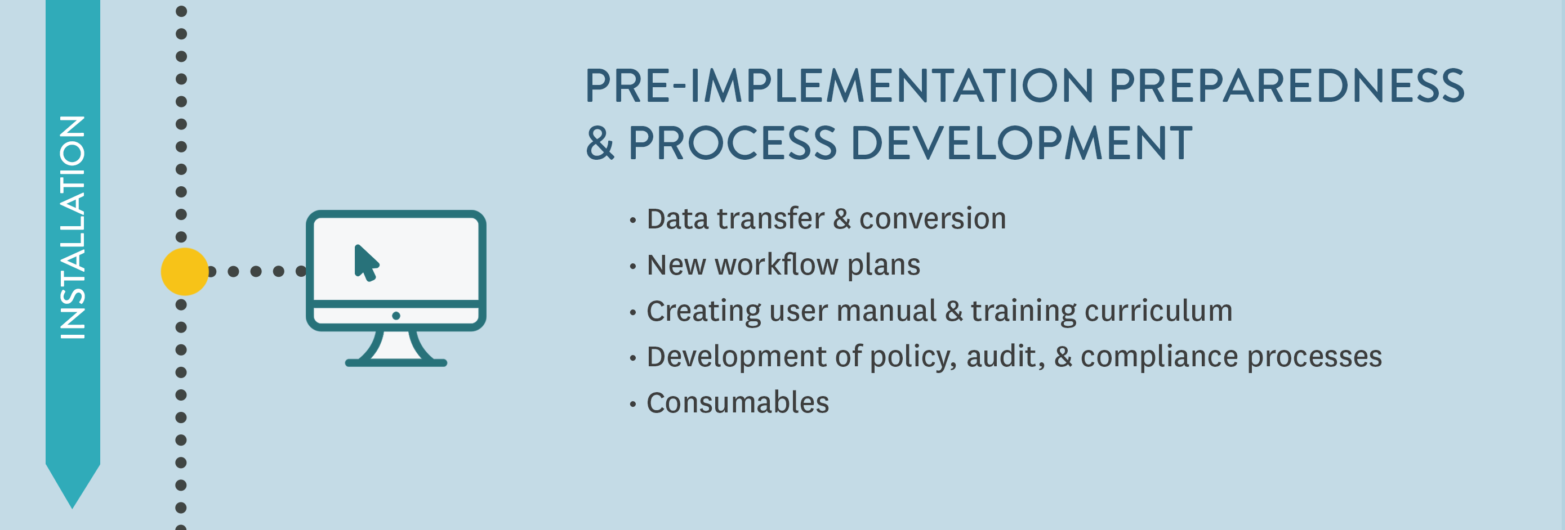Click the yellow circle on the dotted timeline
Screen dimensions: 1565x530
[185, 271]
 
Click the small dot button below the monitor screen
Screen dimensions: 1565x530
[396, 316]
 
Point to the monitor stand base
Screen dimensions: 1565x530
[396, 362]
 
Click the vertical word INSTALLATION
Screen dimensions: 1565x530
[73, 227]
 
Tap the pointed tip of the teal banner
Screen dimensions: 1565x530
[72, 507]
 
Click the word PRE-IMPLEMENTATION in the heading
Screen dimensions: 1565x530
[839, 86]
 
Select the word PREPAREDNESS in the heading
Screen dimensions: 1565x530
[1287, 86]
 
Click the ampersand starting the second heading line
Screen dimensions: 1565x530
[600, 143]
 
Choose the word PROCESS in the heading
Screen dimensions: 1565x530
[733, 143]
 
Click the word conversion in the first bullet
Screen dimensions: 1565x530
[933, 218]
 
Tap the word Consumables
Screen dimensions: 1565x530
[738, 402]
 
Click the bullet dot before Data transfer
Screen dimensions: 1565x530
[633, 220]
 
